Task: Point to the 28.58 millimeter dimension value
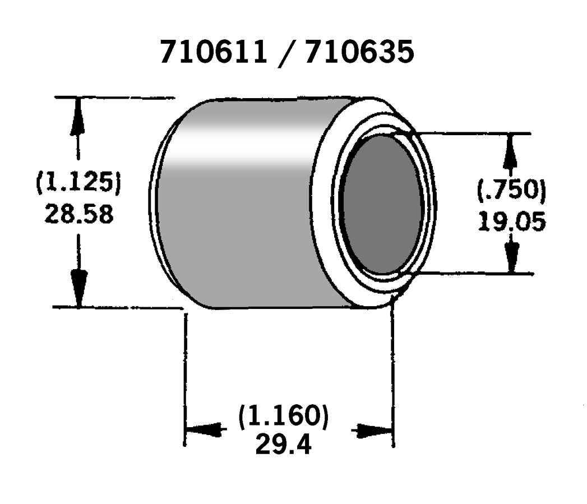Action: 78,214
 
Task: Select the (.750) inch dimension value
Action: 511,191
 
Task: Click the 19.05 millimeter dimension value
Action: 511,223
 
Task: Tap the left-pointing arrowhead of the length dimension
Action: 203,431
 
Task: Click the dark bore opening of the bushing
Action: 382,205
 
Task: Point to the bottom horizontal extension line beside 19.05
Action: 477,274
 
